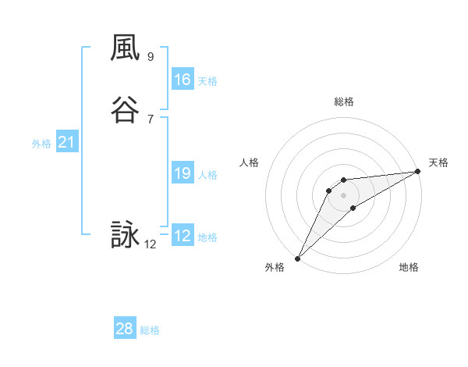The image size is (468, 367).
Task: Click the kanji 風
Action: tap(125, 48)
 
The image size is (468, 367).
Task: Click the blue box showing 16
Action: tap(183, 80)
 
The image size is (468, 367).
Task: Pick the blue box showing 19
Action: tap(183, 173)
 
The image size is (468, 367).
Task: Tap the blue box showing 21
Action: tap(67, 142)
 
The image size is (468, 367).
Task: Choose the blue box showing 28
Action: tap(125, 329)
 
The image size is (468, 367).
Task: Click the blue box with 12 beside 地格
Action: tap(183, 236)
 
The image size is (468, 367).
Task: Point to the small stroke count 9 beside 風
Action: tap(151, 56)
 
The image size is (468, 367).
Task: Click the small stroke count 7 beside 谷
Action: tap(151, 119)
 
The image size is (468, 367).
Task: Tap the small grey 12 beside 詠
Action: tap(151, 244)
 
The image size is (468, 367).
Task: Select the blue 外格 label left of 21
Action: tap(41, 144)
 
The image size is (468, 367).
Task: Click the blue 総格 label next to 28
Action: tap(150, 330)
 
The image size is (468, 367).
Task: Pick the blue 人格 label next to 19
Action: tap(207, 175)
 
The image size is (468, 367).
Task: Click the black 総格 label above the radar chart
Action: tap(343, 102)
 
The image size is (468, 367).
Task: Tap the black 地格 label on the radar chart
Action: tap(409, 267)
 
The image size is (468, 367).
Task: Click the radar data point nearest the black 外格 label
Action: tap(297, 258)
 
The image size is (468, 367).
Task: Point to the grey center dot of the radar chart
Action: tap(343, 194)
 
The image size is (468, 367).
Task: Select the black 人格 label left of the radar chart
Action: tap(250, 162)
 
